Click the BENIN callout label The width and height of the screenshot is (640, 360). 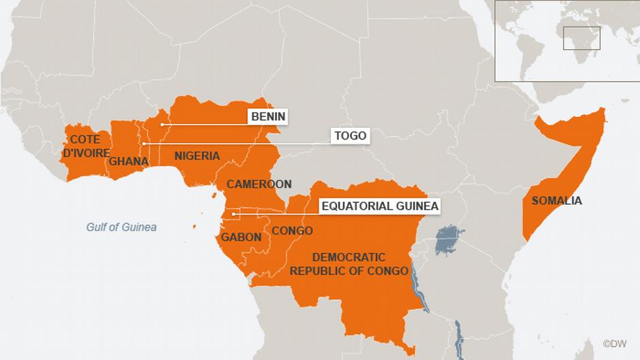click(268, 117)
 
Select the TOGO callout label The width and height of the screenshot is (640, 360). click(350, 136)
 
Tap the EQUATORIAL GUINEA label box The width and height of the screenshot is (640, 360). click(379, 206)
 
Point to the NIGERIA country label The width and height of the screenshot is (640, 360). click(197, 156)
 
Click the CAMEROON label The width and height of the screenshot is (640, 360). click(259, 184)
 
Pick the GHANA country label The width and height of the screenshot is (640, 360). click(129, 161)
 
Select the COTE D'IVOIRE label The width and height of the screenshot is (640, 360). click(86, 146)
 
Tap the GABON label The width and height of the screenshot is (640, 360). click(241, 238)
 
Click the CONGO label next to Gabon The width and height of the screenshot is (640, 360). click(292, 231)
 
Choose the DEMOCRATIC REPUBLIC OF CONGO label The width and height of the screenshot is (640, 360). click(349, 264)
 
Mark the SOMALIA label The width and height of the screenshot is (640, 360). click(557, 201)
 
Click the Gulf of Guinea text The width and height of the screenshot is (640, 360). click(121, 227)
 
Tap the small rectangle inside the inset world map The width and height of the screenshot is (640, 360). click(581, 38)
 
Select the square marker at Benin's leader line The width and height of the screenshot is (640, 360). click(161, 125)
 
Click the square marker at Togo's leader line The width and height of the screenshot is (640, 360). click(144, 144)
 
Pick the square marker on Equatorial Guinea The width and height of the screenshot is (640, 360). click(234, 214)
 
